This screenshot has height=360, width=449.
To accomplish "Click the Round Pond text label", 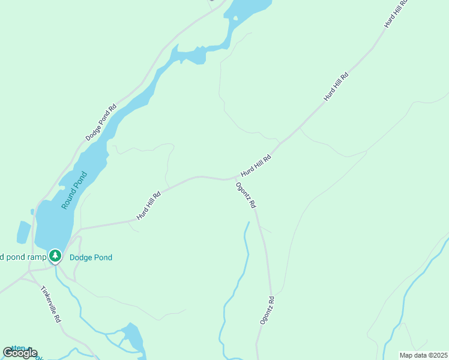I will coord(74,191).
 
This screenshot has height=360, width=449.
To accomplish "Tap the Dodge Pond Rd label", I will coord(100,124).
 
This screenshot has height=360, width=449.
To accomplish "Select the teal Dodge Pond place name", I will coord(91,257).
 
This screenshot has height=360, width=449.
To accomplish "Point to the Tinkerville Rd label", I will coord(51,304).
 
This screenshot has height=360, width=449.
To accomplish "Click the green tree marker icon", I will coord(55,256).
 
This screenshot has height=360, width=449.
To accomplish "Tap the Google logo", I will coord(20,352).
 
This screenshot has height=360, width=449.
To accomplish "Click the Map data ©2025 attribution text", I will coord(423,355).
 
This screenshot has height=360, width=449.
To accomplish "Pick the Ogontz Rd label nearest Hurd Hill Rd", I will coord(246,196).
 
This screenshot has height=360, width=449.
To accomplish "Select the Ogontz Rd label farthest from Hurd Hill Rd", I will coord(267,311).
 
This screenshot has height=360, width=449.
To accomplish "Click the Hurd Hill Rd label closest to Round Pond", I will coord(149,206).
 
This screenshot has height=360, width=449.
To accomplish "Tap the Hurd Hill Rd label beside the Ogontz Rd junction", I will coord(256,165).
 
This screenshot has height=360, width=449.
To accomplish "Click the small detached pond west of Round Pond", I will coord(23,232).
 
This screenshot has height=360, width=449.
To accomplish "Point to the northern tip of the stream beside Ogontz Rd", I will coord(247,223).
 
